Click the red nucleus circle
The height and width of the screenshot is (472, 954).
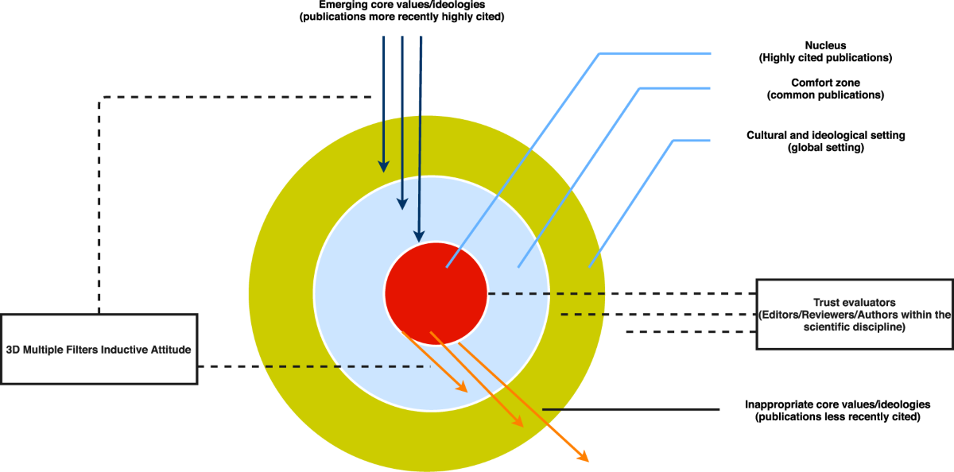(x=436, y=292)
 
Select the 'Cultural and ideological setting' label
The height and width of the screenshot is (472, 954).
(x=825, y=135)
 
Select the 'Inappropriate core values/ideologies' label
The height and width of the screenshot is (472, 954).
(x=836, y=404)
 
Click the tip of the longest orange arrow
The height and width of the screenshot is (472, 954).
(x=584, y=458)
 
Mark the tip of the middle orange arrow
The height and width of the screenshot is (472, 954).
(x=521, y=424)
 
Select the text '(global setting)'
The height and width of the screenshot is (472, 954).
(x=825, y=148)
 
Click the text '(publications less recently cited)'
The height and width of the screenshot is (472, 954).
(x=837, y=416)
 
